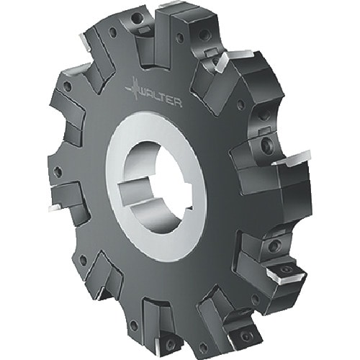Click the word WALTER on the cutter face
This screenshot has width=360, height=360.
click(x=160, y=97)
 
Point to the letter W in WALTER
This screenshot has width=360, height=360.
click(x=144, y=92)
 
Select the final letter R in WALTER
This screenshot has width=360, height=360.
click(x=177, y=103)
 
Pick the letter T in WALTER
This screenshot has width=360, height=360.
click(x=163, y=98)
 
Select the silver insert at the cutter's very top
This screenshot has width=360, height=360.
click(x=168, y=5)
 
